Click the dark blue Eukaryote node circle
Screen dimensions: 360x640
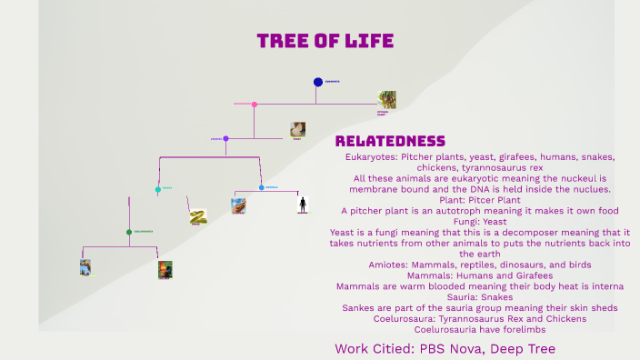318,82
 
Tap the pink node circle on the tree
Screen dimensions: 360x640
255,105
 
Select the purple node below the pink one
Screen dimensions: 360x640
225,139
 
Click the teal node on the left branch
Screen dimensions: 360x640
158,190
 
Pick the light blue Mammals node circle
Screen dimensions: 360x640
262,187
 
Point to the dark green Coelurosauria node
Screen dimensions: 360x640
129,232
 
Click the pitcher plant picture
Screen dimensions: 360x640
387,99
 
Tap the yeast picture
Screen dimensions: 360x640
297,129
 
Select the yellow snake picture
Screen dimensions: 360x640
198,216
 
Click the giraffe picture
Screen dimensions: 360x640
238,205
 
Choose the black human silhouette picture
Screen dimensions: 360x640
303,205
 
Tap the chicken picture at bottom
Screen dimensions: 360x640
165,269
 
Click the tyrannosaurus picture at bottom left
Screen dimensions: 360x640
85,267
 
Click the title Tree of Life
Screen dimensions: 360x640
325,41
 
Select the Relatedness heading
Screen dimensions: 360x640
390,141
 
